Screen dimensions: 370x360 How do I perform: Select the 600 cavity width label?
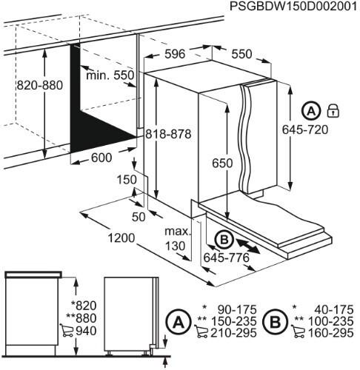point(103,158)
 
